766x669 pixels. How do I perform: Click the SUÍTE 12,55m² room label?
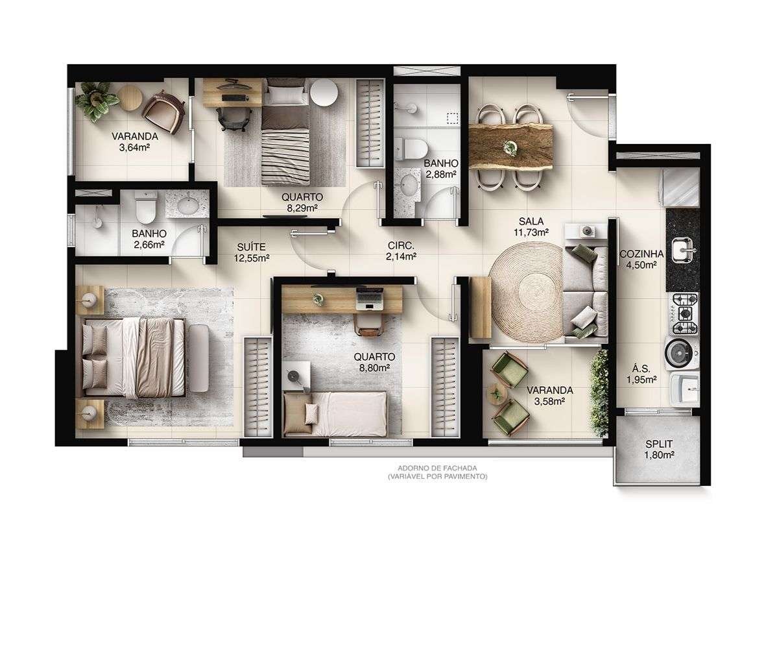pos(251,252)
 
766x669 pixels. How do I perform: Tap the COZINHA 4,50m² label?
pos(641,260)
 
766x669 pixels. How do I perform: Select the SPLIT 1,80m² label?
pos(658,450)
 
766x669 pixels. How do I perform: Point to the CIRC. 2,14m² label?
pos(401,250)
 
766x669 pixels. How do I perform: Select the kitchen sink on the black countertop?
pos(682,248)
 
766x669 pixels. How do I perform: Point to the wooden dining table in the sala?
pos(511,146)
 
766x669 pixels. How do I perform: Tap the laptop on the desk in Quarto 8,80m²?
pos(370,298)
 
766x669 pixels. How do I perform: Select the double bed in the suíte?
pos(139,357)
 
